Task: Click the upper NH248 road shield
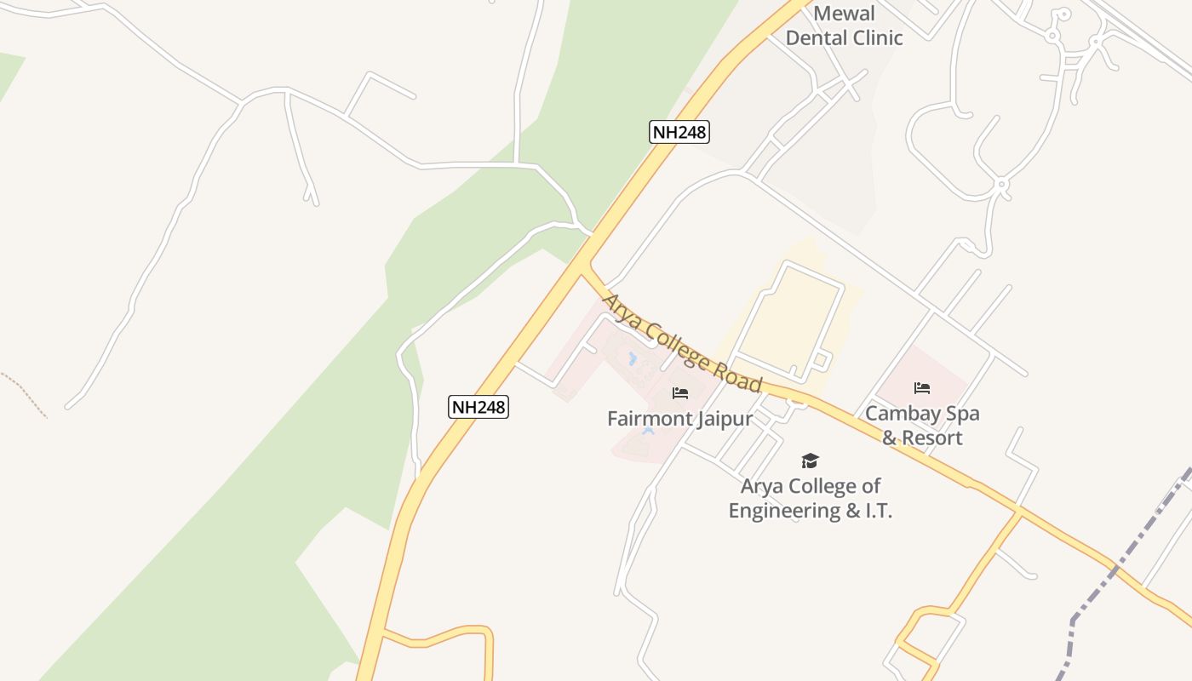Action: pyautogui.click(x=679, y=132)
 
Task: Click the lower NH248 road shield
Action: pyautogui.click(x=478, y=407)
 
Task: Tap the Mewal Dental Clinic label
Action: pyautogui.click(x=844, y=26)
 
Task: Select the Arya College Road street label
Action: pyautogui.click(x=681, y=343)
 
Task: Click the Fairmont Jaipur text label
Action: pyautogui.click(x=679, y=419)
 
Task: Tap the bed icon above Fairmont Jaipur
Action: pyautogui.click(x=679, y=393)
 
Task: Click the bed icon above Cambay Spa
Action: pyautogui.click(x=921, y=388)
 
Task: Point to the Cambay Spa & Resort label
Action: pyautogui.click(x=922, y=426)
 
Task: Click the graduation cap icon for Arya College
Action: pyautogui.click(x=810, y=461)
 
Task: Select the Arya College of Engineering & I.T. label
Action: pyautogui.click(x=810, y=498)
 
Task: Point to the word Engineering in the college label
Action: pyautogui.click(x=782, y=511)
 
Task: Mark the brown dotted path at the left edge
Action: pyautogui.click(x=26, y=394)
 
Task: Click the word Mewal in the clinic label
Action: pyautogui.click(x=844, y=14)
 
